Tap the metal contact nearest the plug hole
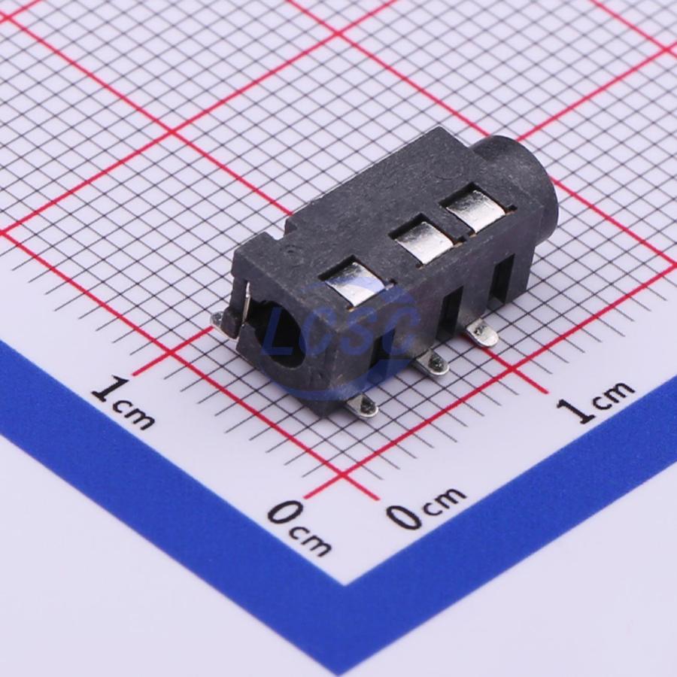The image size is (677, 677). click(354, 284)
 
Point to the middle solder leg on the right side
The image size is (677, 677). click(432, 363)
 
